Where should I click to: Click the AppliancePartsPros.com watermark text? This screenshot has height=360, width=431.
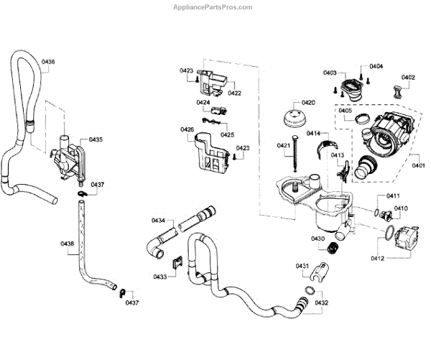(213, 7)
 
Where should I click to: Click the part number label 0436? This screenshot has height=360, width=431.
(48, 62)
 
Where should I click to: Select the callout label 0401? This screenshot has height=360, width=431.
(418, 165)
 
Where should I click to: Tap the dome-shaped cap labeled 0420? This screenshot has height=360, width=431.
(294, 119)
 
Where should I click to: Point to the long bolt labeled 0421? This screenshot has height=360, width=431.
(295, 153)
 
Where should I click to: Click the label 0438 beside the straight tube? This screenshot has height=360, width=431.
(67, 244)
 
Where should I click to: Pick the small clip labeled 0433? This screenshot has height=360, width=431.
(177, 262)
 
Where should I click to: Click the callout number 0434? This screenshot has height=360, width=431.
(158, 220)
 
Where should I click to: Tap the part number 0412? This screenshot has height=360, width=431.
(377, 258)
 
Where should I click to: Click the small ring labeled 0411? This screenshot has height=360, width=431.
(377, 212)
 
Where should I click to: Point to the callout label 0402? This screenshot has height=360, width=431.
(408, 78)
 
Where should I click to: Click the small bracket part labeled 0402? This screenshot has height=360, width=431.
(397, 91)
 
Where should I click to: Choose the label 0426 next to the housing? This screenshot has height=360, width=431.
(187, 129)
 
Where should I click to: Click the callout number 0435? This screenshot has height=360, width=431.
(96, 139)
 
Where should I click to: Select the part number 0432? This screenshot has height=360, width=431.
(321, 303)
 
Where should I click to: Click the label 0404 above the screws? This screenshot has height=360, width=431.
(376, 66)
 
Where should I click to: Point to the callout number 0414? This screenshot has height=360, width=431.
(313, 133)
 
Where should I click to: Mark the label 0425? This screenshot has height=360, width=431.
(227, 134)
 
